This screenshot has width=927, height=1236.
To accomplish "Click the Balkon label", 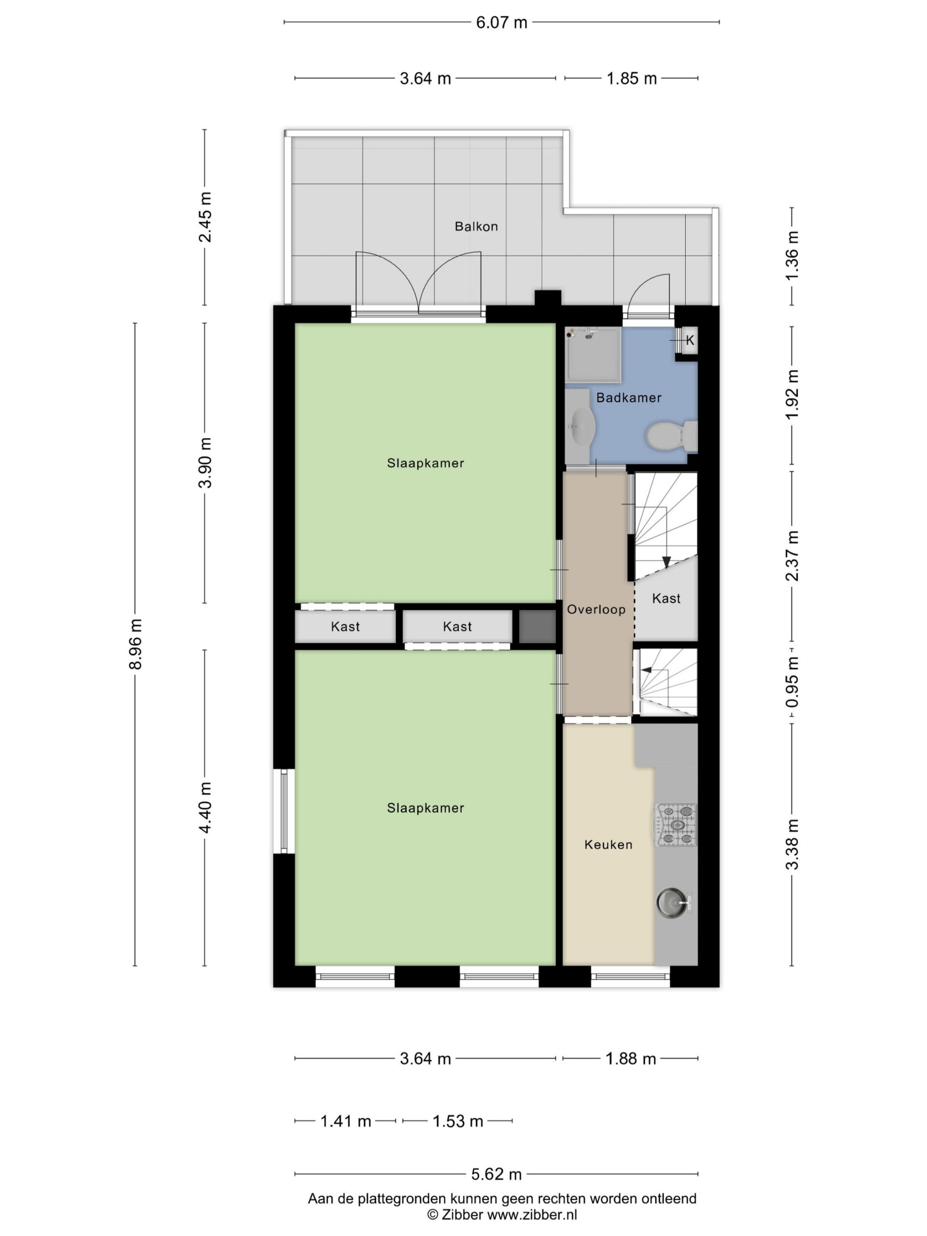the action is (476, 226).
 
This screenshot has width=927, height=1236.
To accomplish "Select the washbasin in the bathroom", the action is (582, 426).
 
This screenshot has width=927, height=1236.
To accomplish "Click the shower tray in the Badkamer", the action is (593, 355).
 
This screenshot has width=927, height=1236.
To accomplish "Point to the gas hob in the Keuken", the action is (675, 825).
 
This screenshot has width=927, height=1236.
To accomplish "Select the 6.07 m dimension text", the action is (501, 22).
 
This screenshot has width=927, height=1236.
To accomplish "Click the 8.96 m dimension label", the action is (136, 644).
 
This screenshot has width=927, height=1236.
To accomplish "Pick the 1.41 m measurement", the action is (345, 1121).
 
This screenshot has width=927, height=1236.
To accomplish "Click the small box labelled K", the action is (689, 340).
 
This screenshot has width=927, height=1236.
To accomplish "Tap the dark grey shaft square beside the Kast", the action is (537, 626).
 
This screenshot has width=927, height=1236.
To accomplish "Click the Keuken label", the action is (608, 844).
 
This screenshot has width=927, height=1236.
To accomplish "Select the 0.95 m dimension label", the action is (792, 682).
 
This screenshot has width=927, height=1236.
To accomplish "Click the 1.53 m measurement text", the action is (458, 1121).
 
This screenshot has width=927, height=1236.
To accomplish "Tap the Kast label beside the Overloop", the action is (666, 598).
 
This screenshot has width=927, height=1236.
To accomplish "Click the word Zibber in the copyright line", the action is (462, 1214).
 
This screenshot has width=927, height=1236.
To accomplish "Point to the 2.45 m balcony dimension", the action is (205, 217).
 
